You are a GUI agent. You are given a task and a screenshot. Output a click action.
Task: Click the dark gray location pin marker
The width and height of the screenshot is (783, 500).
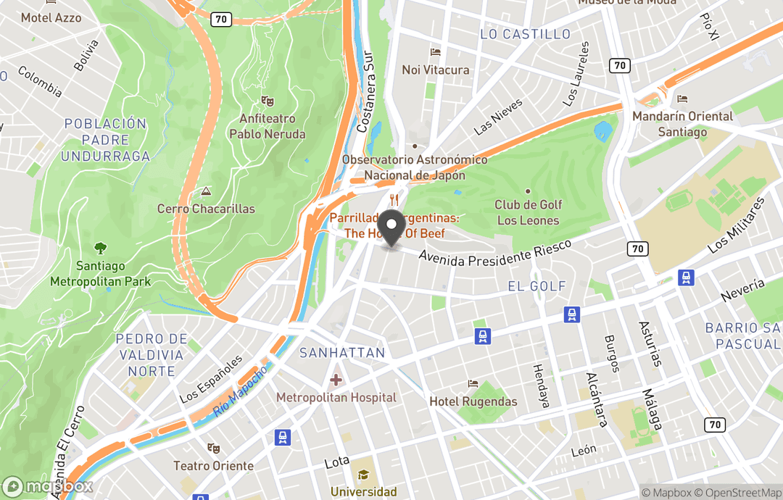(x=392, y=228)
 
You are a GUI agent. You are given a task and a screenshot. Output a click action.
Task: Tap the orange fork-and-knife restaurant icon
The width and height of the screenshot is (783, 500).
(x=394, y=200)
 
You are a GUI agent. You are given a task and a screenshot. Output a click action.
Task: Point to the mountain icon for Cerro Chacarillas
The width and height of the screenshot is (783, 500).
(x=206, y=192)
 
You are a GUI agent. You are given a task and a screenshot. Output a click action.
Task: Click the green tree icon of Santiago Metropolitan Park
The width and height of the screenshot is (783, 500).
(x=100, y=249)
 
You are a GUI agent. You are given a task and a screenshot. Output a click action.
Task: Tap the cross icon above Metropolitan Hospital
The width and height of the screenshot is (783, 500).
(x=336, y=380)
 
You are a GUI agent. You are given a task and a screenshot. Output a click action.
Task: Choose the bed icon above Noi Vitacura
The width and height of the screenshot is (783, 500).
(x=435, y=53)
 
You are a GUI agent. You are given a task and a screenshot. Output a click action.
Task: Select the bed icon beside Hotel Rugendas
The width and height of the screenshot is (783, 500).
(x=473, y=383)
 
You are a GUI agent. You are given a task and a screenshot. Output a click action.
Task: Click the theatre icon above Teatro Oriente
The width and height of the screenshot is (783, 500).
(x=212, y=449)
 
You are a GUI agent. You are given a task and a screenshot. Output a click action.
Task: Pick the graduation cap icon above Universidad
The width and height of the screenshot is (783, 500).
(x=364, y=475)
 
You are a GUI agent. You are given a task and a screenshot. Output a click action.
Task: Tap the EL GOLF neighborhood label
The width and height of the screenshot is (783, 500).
(x=536, y=286)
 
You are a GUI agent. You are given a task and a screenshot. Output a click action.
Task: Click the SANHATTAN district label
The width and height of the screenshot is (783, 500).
(x=342, y=353)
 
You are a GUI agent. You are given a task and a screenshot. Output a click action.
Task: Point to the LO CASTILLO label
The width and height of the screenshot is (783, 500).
(x=526, y=34)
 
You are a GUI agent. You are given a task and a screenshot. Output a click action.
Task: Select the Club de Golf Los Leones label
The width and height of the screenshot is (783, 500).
(x=528, y=212)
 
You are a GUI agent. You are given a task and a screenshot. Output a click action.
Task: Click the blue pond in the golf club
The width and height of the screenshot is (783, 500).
(x=602, y=131)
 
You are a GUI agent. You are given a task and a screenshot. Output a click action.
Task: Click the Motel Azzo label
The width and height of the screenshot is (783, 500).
(x=51, y=17)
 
